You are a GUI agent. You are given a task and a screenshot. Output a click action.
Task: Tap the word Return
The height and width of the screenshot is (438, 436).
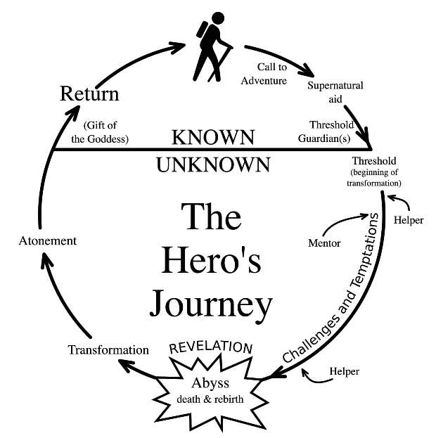pyautogui.click(x=89, y=94)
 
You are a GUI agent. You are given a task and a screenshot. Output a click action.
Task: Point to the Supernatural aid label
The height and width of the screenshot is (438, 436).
pyautogui.click(x=335, y=92)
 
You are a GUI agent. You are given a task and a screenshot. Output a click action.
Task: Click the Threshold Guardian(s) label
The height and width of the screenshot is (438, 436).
pyautogui.click(x=335, y=131)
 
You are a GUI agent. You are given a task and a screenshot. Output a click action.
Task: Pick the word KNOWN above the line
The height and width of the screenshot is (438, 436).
pyautogui.click(x=213, y=136)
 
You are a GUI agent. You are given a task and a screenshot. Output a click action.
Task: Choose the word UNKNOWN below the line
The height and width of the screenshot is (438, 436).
pyautogui.click(x=213, y=165)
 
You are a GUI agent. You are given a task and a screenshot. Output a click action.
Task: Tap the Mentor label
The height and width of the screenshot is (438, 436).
pyautogui.click(x=324, y=244)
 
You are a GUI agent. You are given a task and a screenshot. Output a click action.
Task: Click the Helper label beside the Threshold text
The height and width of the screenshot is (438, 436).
pyautogui.click(x=409, y=220)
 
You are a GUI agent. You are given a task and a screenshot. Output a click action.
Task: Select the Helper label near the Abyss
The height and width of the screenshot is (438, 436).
pyautogui.click(x=344, y=371)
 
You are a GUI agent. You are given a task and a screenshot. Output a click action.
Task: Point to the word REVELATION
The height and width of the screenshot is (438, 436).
pyautogui.click(x=211, y=347)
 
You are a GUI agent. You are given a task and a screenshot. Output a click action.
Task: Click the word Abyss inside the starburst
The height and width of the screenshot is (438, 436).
pyautogui.click(x=210, y=384)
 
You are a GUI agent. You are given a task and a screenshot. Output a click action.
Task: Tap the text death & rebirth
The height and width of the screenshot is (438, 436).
pyautogui.click(x=210, y=401)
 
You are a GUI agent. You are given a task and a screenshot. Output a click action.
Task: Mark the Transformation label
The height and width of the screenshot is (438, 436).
pyautogui.click(x=108, y=349)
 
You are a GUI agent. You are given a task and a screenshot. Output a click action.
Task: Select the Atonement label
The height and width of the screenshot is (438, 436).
pyautogui.click(x=47, y=240)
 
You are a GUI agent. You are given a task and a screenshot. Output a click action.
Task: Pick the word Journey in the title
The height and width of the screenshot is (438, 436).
pyautogui.click(x=210, y=304)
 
